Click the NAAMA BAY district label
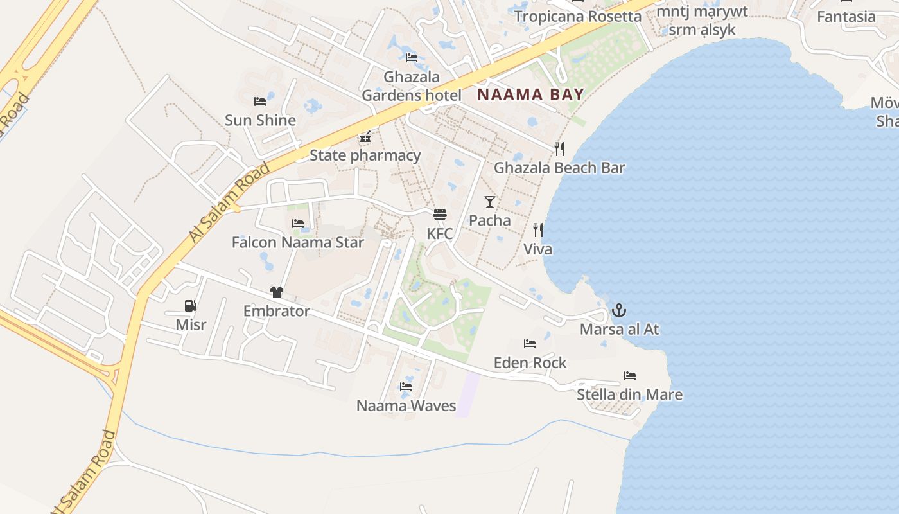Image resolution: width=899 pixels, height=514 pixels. point(530,94)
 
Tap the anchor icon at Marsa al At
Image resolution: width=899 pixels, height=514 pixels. point(618,311)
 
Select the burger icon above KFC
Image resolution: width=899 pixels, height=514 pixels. point(440,215)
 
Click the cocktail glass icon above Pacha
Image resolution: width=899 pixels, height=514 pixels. point(490,202)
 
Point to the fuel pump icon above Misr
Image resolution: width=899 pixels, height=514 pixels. point(191,306)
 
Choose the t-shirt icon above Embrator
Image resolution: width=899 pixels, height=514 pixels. point(277,292)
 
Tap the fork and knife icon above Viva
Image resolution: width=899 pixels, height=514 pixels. point(538,230)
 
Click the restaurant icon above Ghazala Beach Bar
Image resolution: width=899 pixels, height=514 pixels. point(559,149)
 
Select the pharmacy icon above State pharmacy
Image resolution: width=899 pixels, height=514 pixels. point(365,137)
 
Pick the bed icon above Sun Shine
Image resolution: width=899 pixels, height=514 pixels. point(260,102)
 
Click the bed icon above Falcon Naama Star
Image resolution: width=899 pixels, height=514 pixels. point(298,224)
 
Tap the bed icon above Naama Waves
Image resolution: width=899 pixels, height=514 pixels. point(406,387)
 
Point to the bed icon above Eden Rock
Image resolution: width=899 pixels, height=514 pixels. point(530,344)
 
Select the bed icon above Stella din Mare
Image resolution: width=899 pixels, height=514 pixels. point(630,376)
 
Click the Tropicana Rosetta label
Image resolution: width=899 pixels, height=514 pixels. point(577,17)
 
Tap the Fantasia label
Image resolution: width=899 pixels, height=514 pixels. point(846,17)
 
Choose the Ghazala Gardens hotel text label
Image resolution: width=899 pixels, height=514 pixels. point(412,86)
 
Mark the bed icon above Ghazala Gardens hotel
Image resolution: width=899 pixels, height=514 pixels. point(412,58)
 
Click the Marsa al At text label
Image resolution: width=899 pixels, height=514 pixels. point(619,330)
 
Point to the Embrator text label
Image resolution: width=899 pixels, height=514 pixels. point(277,311)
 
